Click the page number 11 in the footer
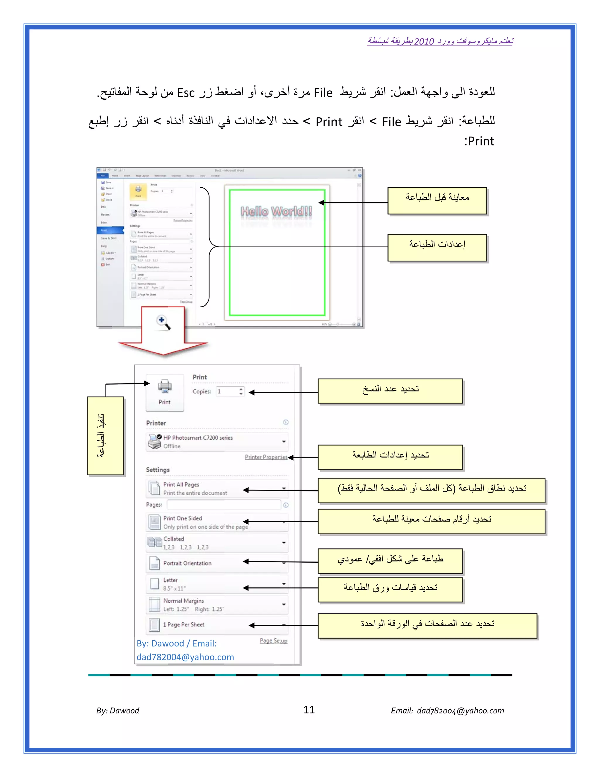(x=309, y=710)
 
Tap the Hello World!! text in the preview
(x=277, y=211)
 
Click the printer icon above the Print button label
(x=165, y=386)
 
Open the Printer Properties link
(x=266, y=457)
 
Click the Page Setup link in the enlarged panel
(x=273, y=640)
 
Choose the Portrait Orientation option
(x=187, y=563)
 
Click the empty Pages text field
(x=224, y=505)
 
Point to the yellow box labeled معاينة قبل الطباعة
(x=437, y=201)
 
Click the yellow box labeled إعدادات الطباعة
(x=437, y=248)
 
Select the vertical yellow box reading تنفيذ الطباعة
(x=105, y=436)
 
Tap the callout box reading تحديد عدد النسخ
(x=390, y=391)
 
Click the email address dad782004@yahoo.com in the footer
(x=460, y=711)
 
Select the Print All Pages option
(x=181, y=485)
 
